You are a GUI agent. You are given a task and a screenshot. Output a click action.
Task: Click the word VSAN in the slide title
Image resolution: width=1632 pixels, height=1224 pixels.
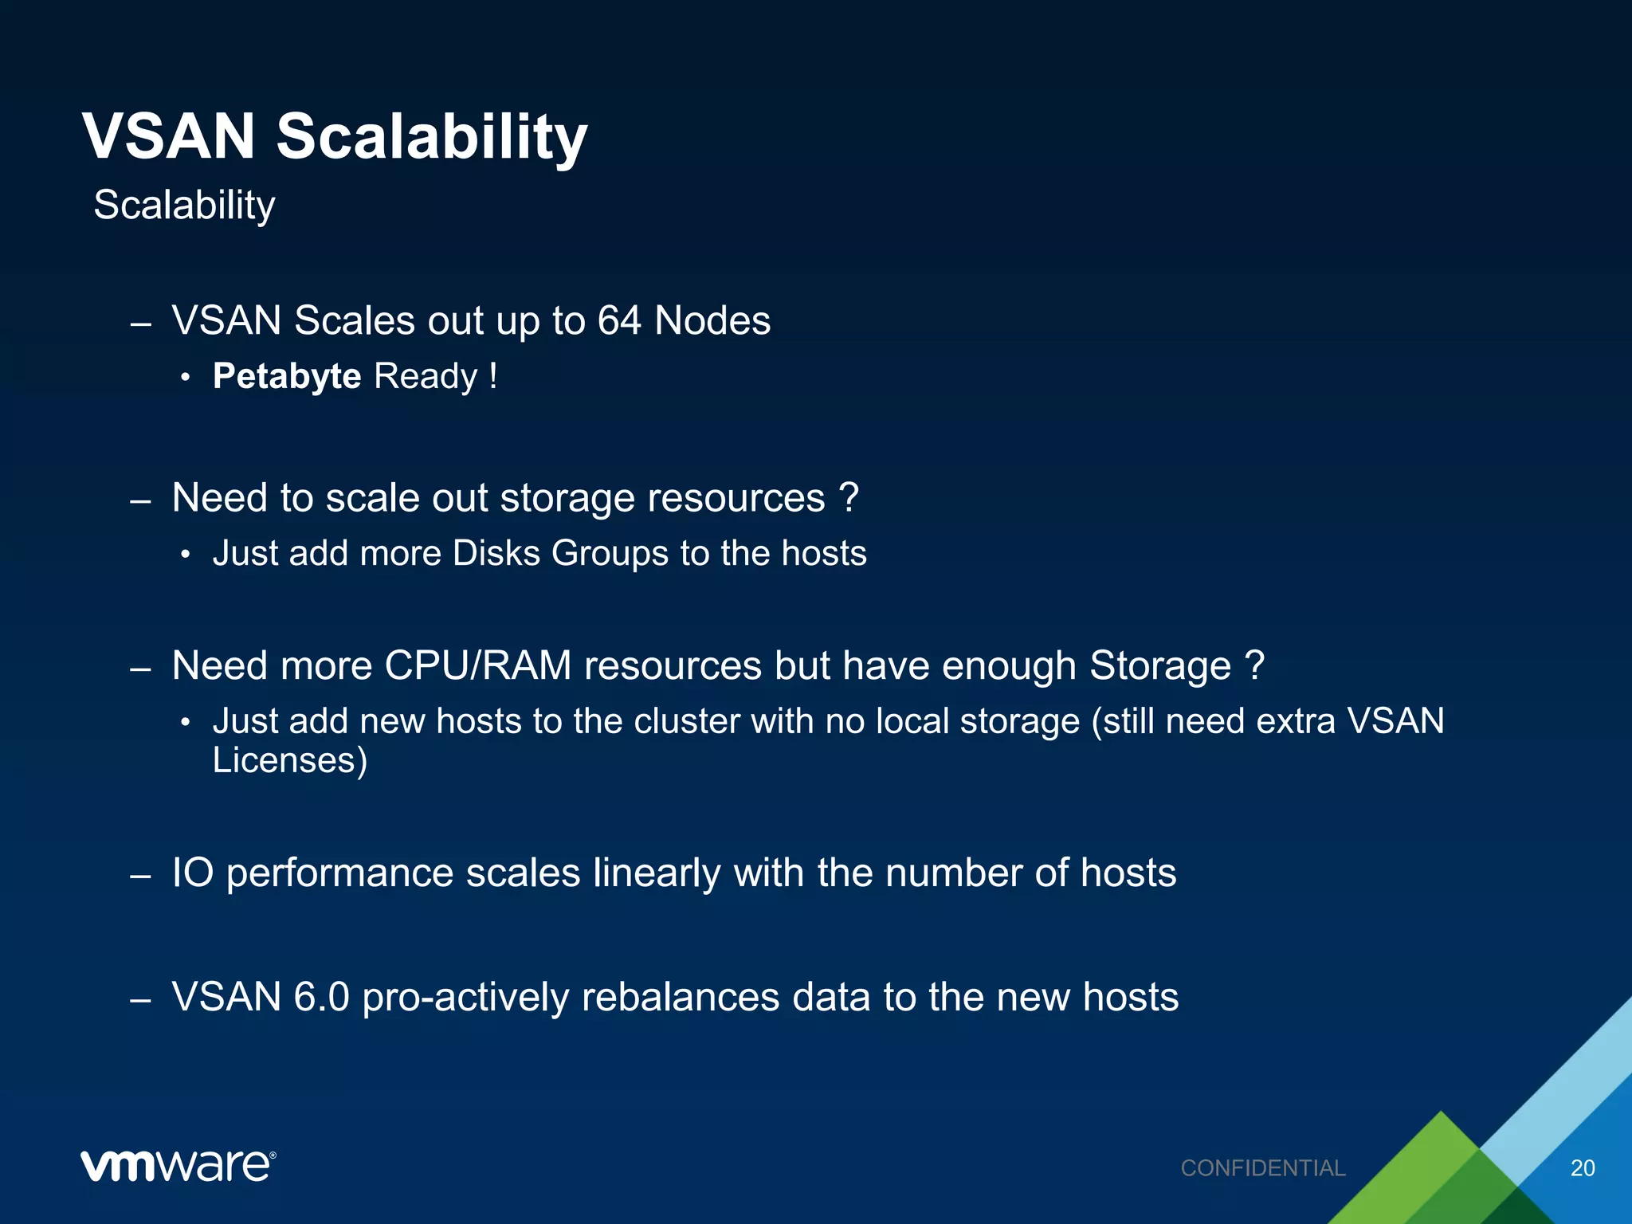click(169, 136)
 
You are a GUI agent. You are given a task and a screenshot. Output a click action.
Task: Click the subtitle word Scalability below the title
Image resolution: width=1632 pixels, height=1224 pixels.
click(184, 206)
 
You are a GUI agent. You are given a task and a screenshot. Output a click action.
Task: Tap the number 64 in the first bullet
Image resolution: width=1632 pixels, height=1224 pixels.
click(619, 321)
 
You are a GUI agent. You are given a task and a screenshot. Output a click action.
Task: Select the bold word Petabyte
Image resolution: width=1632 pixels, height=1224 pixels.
click(287, 376)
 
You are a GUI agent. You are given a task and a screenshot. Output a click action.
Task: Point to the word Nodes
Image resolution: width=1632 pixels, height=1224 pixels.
click(712, 321)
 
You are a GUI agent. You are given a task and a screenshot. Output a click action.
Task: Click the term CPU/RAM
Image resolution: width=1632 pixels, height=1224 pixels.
click(478, 665)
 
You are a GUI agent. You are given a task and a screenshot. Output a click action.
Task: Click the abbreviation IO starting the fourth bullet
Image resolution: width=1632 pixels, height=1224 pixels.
click(193, 873)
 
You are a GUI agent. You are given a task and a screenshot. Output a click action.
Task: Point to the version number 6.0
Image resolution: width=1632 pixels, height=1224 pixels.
click(321, 997)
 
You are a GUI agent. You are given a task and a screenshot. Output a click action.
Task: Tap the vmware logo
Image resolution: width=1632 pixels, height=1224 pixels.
click(178, 1167)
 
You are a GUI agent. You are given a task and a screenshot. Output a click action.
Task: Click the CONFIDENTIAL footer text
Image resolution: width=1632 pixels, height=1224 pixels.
click(1262, 1168)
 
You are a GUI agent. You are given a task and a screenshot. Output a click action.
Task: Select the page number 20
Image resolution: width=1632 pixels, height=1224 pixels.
click(1582, 1168)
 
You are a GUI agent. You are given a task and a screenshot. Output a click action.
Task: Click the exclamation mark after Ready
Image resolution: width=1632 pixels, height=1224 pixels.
click(493, 376)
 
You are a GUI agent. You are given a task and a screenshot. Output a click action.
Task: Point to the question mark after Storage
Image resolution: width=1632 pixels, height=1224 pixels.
click(1254, 665)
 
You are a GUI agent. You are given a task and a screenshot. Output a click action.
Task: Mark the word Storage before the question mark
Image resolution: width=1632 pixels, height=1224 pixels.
click(1159, 665)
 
